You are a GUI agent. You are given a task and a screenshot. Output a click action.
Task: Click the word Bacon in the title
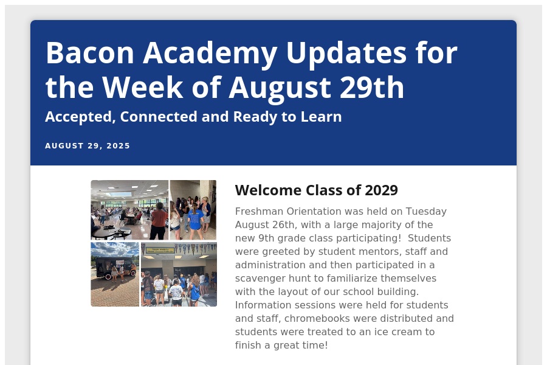coord(90,53)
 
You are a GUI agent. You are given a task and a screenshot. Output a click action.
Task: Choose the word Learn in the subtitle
coord(321,117)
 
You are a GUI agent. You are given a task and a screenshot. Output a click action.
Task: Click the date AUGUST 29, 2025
coord(88,145)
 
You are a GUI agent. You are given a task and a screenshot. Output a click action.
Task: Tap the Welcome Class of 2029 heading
coord(317,190)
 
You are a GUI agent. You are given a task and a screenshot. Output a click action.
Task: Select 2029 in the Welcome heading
coord(381,190)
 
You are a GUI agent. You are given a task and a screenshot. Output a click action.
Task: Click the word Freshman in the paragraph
coord(259,211)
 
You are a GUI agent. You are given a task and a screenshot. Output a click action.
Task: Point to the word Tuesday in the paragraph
coord(426,212)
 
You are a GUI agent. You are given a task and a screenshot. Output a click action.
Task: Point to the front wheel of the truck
coord(108,277)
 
